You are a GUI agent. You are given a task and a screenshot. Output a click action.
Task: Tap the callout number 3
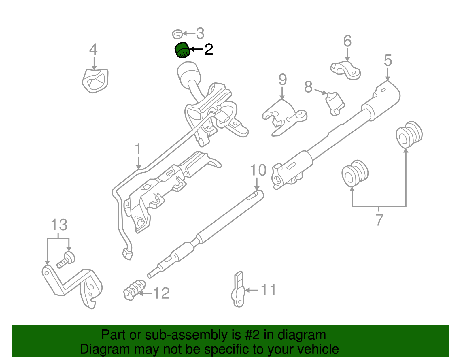coord(200,33)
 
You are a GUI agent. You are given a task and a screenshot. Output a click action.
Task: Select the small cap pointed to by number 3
coord(177,34)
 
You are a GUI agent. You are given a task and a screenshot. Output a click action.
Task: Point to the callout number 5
coord(388,61)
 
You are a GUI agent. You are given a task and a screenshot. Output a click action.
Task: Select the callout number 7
coord(379,220)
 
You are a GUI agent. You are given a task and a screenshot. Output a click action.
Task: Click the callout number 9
coord(283,80)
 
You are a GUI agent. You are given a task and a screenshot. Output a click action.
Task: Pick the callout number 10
coord(258,170)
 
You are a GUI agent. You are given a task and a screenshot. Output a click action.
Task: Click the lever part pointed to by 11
coord(238,291)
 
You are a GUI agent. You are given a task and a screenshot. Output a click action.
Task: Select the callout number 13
coord(59,225)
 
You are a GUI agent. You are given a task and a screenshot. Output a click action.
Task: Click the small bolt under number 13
coord(67,259)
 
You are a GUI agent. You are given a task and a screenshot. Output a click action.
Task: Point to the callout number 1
coord(138,149)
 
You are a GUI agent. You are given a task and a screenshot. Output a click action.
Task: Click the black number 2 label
coord(208,50)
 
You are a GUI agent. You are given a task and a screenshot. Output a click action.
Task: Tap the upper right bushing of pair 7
coord(409,134)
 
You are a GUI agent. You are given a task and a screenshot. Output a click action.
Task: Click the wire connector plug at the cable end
coord(127,254)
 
